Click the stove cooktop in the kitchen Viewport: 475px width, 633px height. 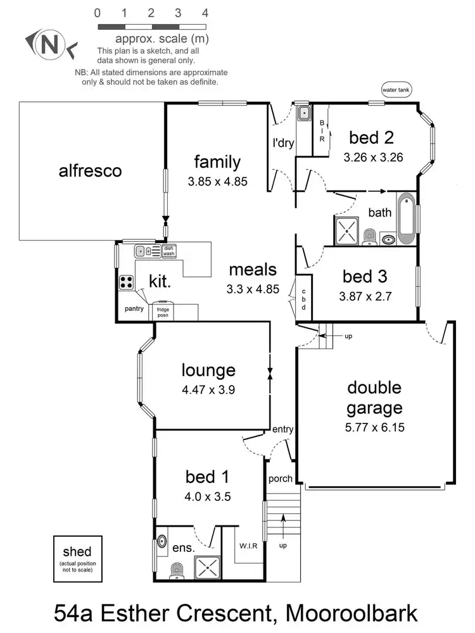(x=126, y=282)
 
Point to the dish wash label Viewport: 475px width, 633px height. (x=168, y=251)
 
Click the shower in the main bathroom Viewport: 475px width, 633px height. (x=348, y=230)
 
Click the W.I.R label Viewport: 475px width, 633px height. (x=248, y=546)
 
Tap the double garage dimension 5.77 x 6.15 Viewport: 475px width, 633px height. (x=374, y=427)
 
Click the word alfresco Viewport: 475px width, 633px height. (x=90, y=170)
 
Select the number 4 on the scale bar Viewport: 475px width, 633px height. (x=205, y=13)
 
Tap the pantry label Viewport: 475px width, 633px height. (x=134, y=309)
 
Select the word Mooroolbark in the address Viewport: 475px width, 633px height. (x=352, y=613)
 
